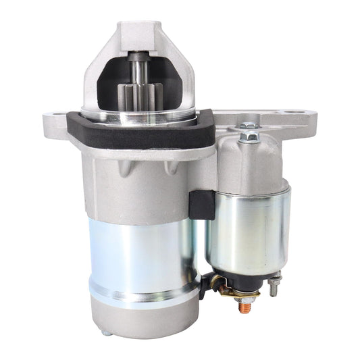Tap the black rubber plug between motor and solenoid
[x=201, y=203]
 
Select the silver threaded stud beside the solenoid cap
[x=274, y=287]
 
